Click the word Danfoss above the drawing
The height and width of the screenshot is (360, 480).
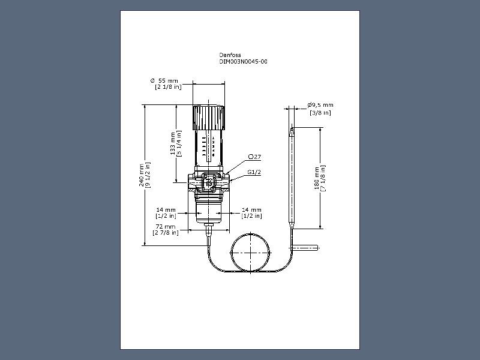pos(230,55)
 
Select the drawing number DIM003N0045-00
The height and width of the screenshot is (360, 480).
pos(243,62)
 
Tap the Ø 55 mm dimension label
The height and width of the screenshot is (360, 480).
pos(164,81)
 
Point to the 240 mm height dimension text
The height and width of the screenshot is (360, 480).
pos(142,175)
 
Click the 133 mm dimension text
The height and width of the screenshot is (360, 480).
pos(173,143)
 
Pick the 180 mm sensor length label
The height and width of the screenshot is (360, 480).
pos(317,178)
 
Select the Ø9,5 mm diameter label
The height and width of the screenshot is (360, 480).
pos(320,105)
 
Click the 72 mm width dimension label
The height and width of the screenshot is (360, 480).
pos(166,227)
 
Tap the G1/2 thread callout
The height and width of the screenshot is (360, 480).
pos(254,172)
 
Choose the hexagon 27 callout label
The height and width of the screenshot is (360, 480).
pos(254,157)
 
